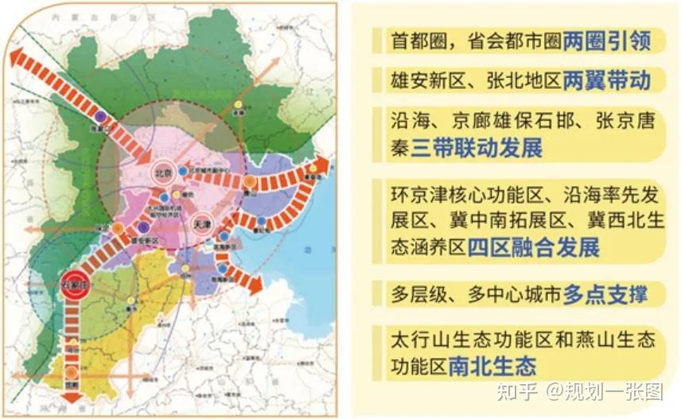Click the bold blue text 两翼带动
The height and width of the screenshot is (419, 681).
(x=607, y=80)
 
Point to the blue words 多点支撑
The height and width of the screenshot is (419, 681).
(x=605, y=295)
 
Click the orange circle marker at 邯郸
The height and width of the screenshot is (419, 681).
(x=72, y=371)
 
